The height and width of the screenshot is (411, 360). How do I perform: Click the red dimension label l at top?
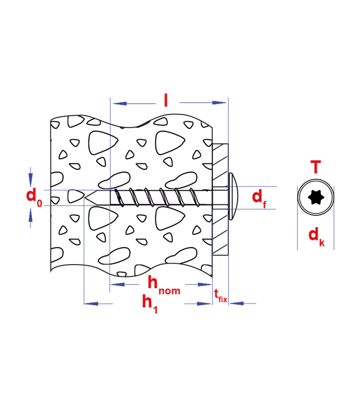click(x=166, y=100)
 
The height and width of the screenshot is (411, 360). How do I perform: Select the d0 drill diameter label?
click(x=34, y=197)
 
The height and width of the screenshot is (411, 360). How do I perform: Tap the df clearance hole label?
click(x=259, y=199)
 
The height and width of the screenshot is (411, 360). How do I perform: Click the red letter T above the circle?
click(x=316, y=167)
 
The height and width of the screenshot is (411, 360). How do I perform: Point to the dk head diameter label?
click(x=316, y=237)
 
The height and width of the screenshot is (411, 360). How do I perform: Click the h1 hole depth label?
click(x=150, y=304)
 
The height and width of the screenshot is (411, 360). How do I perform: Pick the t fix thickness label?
click(x=221, y=296)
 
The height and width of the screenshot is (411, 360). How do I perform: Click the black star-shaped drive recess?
click(x=316, y=197)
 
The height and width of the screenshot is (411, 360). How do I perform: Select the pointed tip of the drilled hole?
click(x=84, y=197)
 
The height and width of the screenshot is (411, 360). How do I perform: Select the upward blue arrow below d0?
click(x=31, y=218)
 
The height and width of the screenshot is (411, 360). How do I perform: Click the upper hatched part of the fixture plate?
click(x=220, y=165)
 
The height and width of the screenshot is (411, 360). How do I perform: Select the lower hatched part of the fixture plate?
click(x=220, y=232)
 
